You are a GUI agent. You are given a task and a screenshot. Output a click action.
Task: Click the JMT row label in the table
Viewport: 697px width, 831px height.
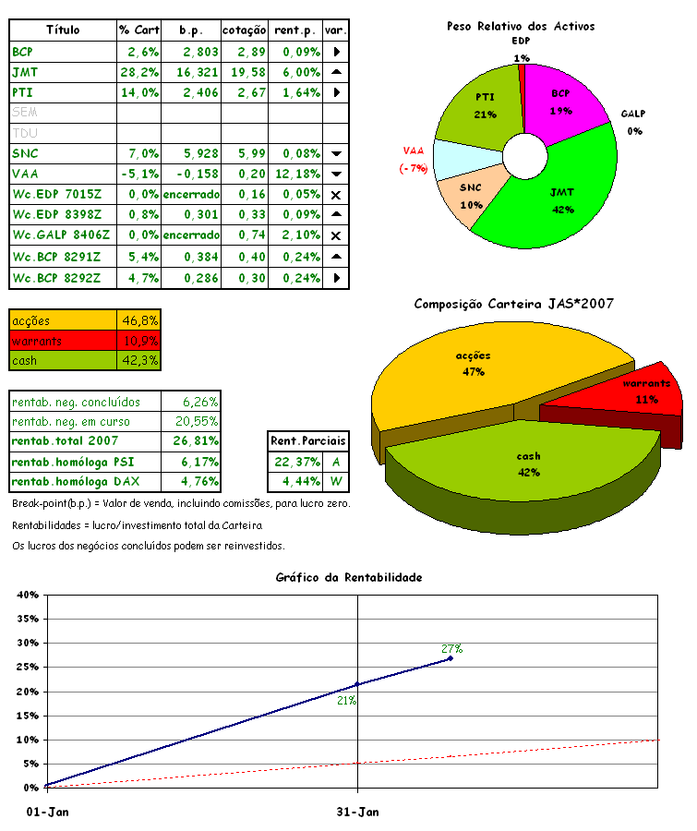[x=24, y=71]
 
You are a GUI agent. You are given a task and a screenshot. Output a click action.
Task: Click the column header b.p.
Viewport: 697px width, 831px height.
[x=191, y=30]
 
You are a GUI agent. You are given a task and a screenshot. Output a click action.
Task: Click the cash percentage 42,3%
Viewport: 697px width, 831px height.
[x=140, y=360]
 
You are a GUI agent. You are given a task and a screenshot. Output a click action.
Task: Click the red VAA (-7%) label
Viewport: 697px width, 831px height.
[x=415, y=158]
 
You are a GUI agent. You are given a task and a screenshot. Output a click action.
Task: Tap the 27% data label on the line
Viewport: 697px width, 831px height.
[x=451, y=648]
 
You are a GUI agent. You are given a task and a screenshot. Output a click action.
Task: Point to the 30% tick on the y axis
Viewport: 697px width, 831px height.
[x=23, y=643]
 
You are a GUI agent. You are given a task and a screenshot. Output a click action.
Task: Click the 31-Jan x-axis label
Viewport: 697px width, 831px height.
[x=357, y=812]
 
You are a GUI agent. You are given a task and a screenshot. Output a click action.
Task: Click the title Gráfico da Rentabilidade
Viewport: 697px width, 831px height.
[x=348, y=577]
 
